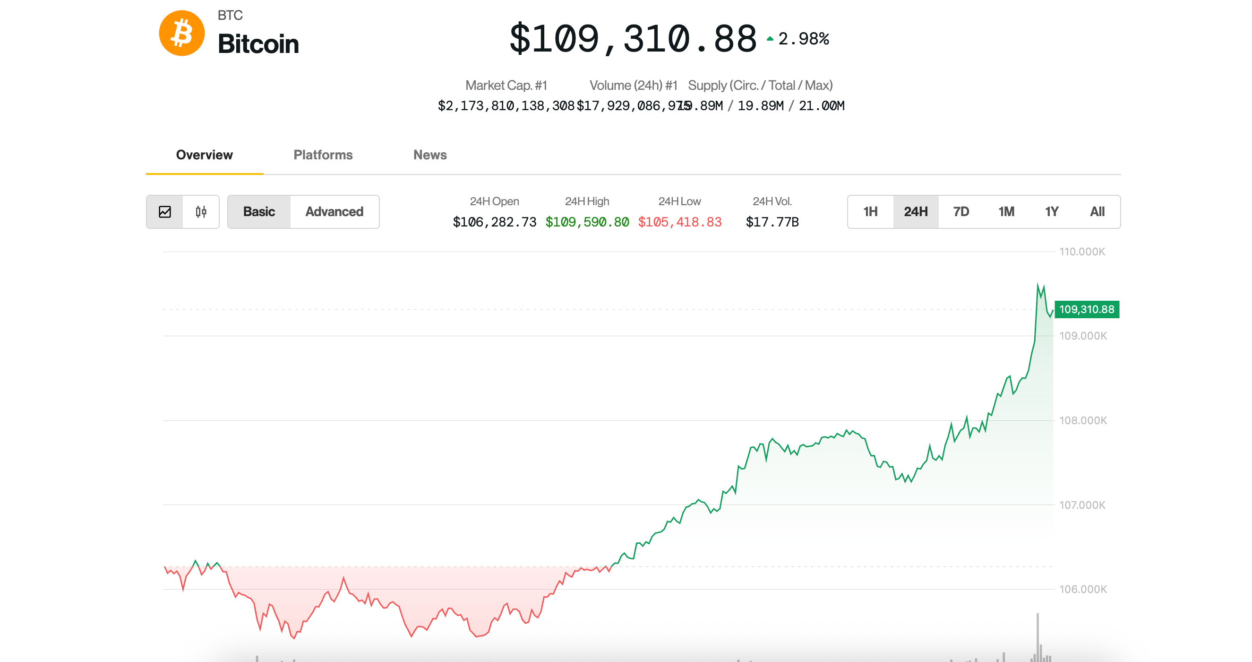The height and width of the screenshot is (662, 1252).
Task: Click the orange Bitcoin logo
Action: coord(182,33)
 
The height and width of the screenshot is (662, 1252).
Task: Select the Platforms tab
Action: coord(323,155)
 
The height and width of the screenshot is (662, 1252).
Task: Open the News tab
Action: coord(429,155)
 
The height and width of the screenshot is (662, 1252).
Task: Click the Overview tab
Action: coord(204,155)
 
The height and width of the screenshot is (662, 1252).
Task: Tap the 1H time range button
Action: coord(870,211)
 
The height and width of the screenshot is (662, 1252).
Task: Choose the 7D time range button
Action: coord(961,211)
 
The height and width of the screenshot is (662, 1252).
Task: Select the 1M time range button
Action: coord(1006,211)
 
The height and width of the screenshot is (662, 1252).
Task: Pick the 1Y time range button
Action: coord(1051,211)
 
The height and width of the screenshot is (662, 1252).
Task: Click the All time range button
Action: coord(1097,211)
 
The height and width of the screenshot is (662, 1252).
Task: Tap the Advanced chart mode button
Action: coord(334,211)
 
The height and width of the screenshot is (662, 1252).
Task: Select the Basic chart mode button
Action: coord(259,211)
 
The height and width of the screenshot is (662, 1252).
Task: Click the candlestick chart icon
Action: coord(201,211)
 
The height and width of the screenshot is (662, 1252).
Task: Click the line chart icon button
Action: coord(165,211)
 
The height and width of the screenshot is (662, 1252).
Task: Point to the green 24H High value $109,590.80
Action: coord(587,222)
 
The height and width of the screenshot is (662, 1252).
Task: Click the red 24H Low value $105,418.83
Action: coord(679,222)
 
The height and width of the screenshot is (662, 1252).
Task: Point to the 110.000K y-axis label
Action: coord(1082,252)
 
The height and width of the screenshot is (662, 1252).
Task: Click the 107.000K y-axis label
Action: coord(1082,505)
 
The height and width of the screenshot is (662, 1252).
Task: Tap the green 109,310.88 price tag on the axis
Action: coord(1087,309)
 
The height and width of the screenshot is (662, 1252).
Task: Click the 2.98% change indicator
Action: coord(803,39)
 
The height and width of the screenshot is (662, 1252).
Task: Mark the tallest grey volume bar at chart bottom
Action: coord(1038,637)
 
